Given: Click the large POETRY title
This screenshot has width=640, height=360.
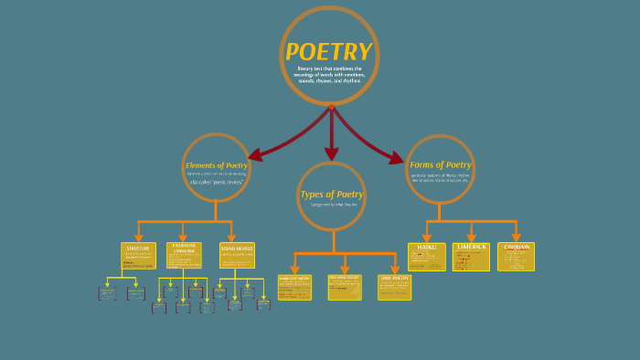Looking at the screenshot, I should pos(328,52).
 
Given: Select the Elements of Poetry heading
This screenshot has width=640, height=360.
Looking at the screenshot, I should pos(217,165).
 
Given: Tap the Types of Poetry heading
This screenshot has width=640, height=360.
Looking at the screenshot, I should pos(331,194).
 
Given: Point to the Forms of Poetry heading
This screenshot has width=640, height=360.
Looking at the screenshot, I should pos(440,164).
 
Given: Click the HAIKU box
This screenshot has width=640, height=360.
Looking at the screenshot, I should pos(426,256).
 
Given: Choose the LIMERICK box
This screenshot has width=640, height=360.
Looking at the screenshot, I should pos(471,257).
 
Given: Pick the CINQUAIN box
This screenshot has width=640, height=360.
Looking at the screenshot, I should pos(517,256).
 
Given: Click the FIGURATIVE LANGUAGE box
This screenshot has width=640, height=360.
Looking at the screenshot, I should pos(184,255).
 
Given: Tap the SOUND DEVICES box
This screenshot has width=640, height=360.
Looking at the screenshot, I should pos(236,255).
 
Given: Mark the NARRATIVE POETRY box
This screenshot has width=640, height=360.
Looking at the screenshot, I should pos(294,287).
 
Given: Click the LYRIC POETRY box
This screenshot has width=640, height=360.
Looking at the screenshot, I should pos(394,286).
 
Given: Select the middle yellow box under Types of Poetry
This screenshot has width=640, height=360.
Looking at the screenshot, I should pos(345,287).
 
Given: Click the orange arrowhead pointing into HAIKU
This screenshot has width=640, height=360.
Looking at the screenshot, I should pos(426,238).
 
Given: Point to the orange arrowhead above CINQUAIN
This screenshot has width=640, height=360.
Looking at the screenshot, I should pos(517,238).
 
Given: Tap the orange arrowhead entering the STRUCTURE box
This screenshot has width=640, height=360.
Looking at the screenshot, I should pos(138,238).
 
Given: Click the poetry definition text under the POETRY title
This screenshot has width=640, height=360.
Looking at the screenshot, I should pos(328,75).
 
